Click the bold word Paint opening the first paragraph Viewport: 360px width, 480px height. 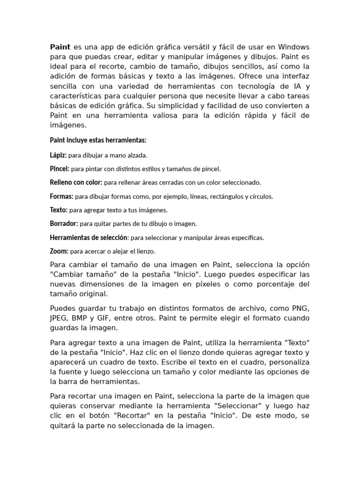click(x=60, y=47)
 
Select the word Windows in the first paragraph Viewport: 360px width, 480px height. click(x=294, y=47)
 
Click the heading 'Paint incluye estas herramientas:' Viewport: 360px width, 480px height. click(x=98, y=140)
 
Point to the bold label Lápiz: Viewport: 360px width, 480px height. click(x=58, y=155)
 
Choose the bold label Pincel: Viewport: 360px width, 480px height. click(x=60, y=168)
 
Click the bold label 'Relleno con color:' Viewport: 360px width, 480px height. click(x=76, y=182)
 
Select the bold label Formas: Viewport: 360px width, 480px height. click(x=61, y=196)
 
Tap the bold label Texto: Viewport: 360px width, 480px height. click(x=59, y=210)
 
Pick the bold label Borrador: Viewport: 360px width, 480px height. click(x=64, y=224)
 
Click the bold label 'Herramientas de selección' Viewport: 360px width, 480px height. click(x=89, y=237)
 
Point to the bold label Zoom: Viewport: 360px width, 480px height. click(x=59, y=251)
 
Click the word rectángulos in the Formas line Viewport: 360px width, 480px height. click(x=217, y=196)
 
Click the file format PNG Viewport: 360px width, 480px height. click(x=300, y=308)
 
